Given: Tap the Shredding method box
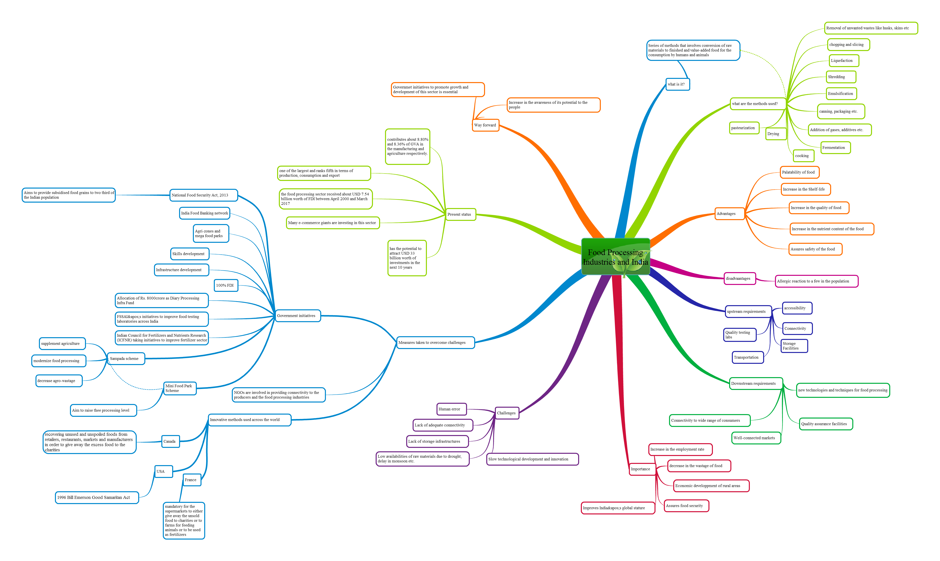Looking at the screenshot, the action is click(841, 77).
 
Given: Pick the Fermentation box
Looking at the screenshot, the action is click(835, 147).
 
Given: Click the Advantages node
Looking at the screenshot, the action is click(730, 214).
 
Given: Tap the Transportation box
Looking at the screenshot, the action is click(748, 357).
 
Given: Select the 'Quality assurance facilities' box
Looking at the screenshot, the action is click(826, 424).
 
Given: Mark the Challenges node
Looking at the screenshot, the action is click(507, 413).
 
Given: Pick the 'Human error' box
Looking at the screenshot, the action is click(452, 409).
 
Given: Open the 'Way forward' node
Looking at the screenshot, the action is click(486, 125).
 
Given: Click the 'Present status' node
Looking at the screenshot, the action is click(461, 214).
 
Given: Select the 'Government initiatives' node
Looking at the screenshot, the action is click(298, 316).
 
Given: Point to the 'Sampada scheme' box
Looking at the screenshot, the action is click(126, 358).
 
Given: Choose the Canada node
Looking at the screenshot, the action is click(170, 441).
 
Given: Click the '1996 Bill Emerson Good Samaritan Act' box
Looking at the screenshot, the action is click(97, 497).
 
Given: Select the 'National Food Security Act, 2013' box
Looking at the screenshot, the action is click(204, 195).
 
